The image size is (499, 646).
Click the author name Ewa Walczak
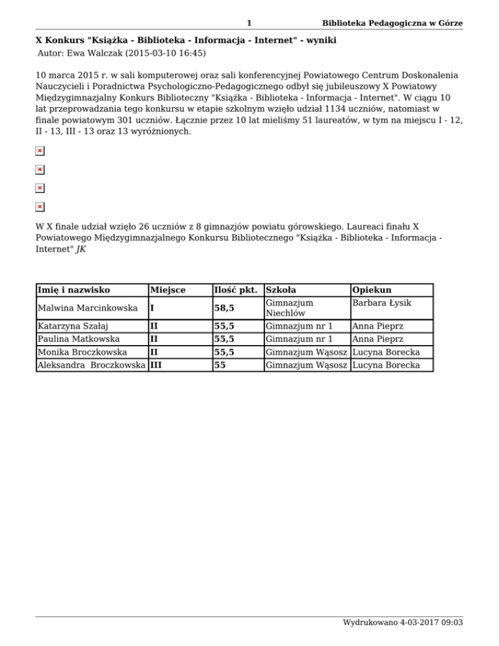[x=97, y=53]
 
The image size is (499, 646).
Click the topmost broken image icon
[x=40, y=151]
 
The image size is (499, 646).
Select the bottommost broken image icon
[x=40, y=207]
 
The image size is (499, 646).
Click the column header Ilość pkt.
[x=237, y=289]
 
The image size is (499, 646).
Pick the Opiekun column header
[x=370, y=289]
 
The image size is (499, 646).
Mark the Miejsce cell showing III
[x=157, y=365]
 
